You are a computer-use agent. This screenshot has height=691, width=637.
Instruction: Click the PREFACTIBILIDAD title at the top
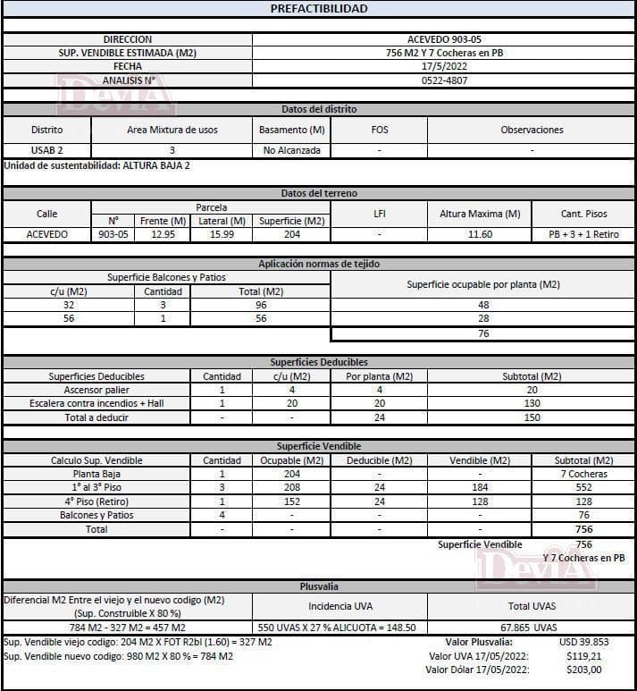point(318,9)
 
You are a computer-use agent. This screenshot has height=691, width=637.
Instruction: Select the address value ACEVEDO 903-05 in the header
point(444,39)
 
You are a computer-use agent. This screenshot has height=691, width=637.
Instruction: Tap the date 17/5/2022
point(444,66)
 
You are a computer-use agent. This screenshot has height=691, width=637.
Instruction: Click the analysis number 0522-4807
point(444,80)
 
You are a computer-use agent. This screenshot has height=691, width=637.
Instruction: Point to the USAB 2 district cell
point(47,150)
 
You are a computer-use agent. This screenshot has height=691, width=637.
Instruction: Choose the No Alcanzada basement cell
point(291,150)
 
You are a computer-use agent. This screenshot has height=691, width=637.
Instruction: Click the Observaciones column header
point(532,130)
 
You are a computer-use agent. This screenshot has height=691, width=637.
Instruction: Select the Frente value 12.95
point(163,234)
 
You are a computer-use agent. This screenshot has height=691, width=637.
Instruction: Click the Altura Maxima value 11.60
point(480,234)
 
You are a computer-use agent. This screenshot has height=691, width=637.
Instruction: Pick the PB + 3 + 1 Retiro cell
point(583,234)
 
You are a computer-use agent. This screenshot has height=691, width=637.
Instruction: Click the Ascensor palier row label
point(96,390)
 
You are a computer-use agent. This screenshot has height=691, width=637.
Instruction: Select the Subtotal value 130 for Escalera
point(532,403)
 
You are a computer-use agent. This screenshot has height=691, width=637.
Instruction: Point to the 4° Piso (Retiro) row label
point(96,501)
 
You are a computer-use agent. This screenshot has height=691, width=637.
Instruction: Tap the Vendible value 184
point(480,488)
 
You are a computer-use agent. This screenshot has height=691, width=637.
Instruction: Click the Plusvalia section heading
point(318,586)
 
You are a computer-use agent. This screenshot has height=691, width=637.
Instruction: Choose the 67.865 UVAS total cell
point(532,628)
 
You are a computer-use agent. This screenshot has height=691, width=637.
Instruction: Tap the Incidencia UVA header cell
point(340,605)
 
